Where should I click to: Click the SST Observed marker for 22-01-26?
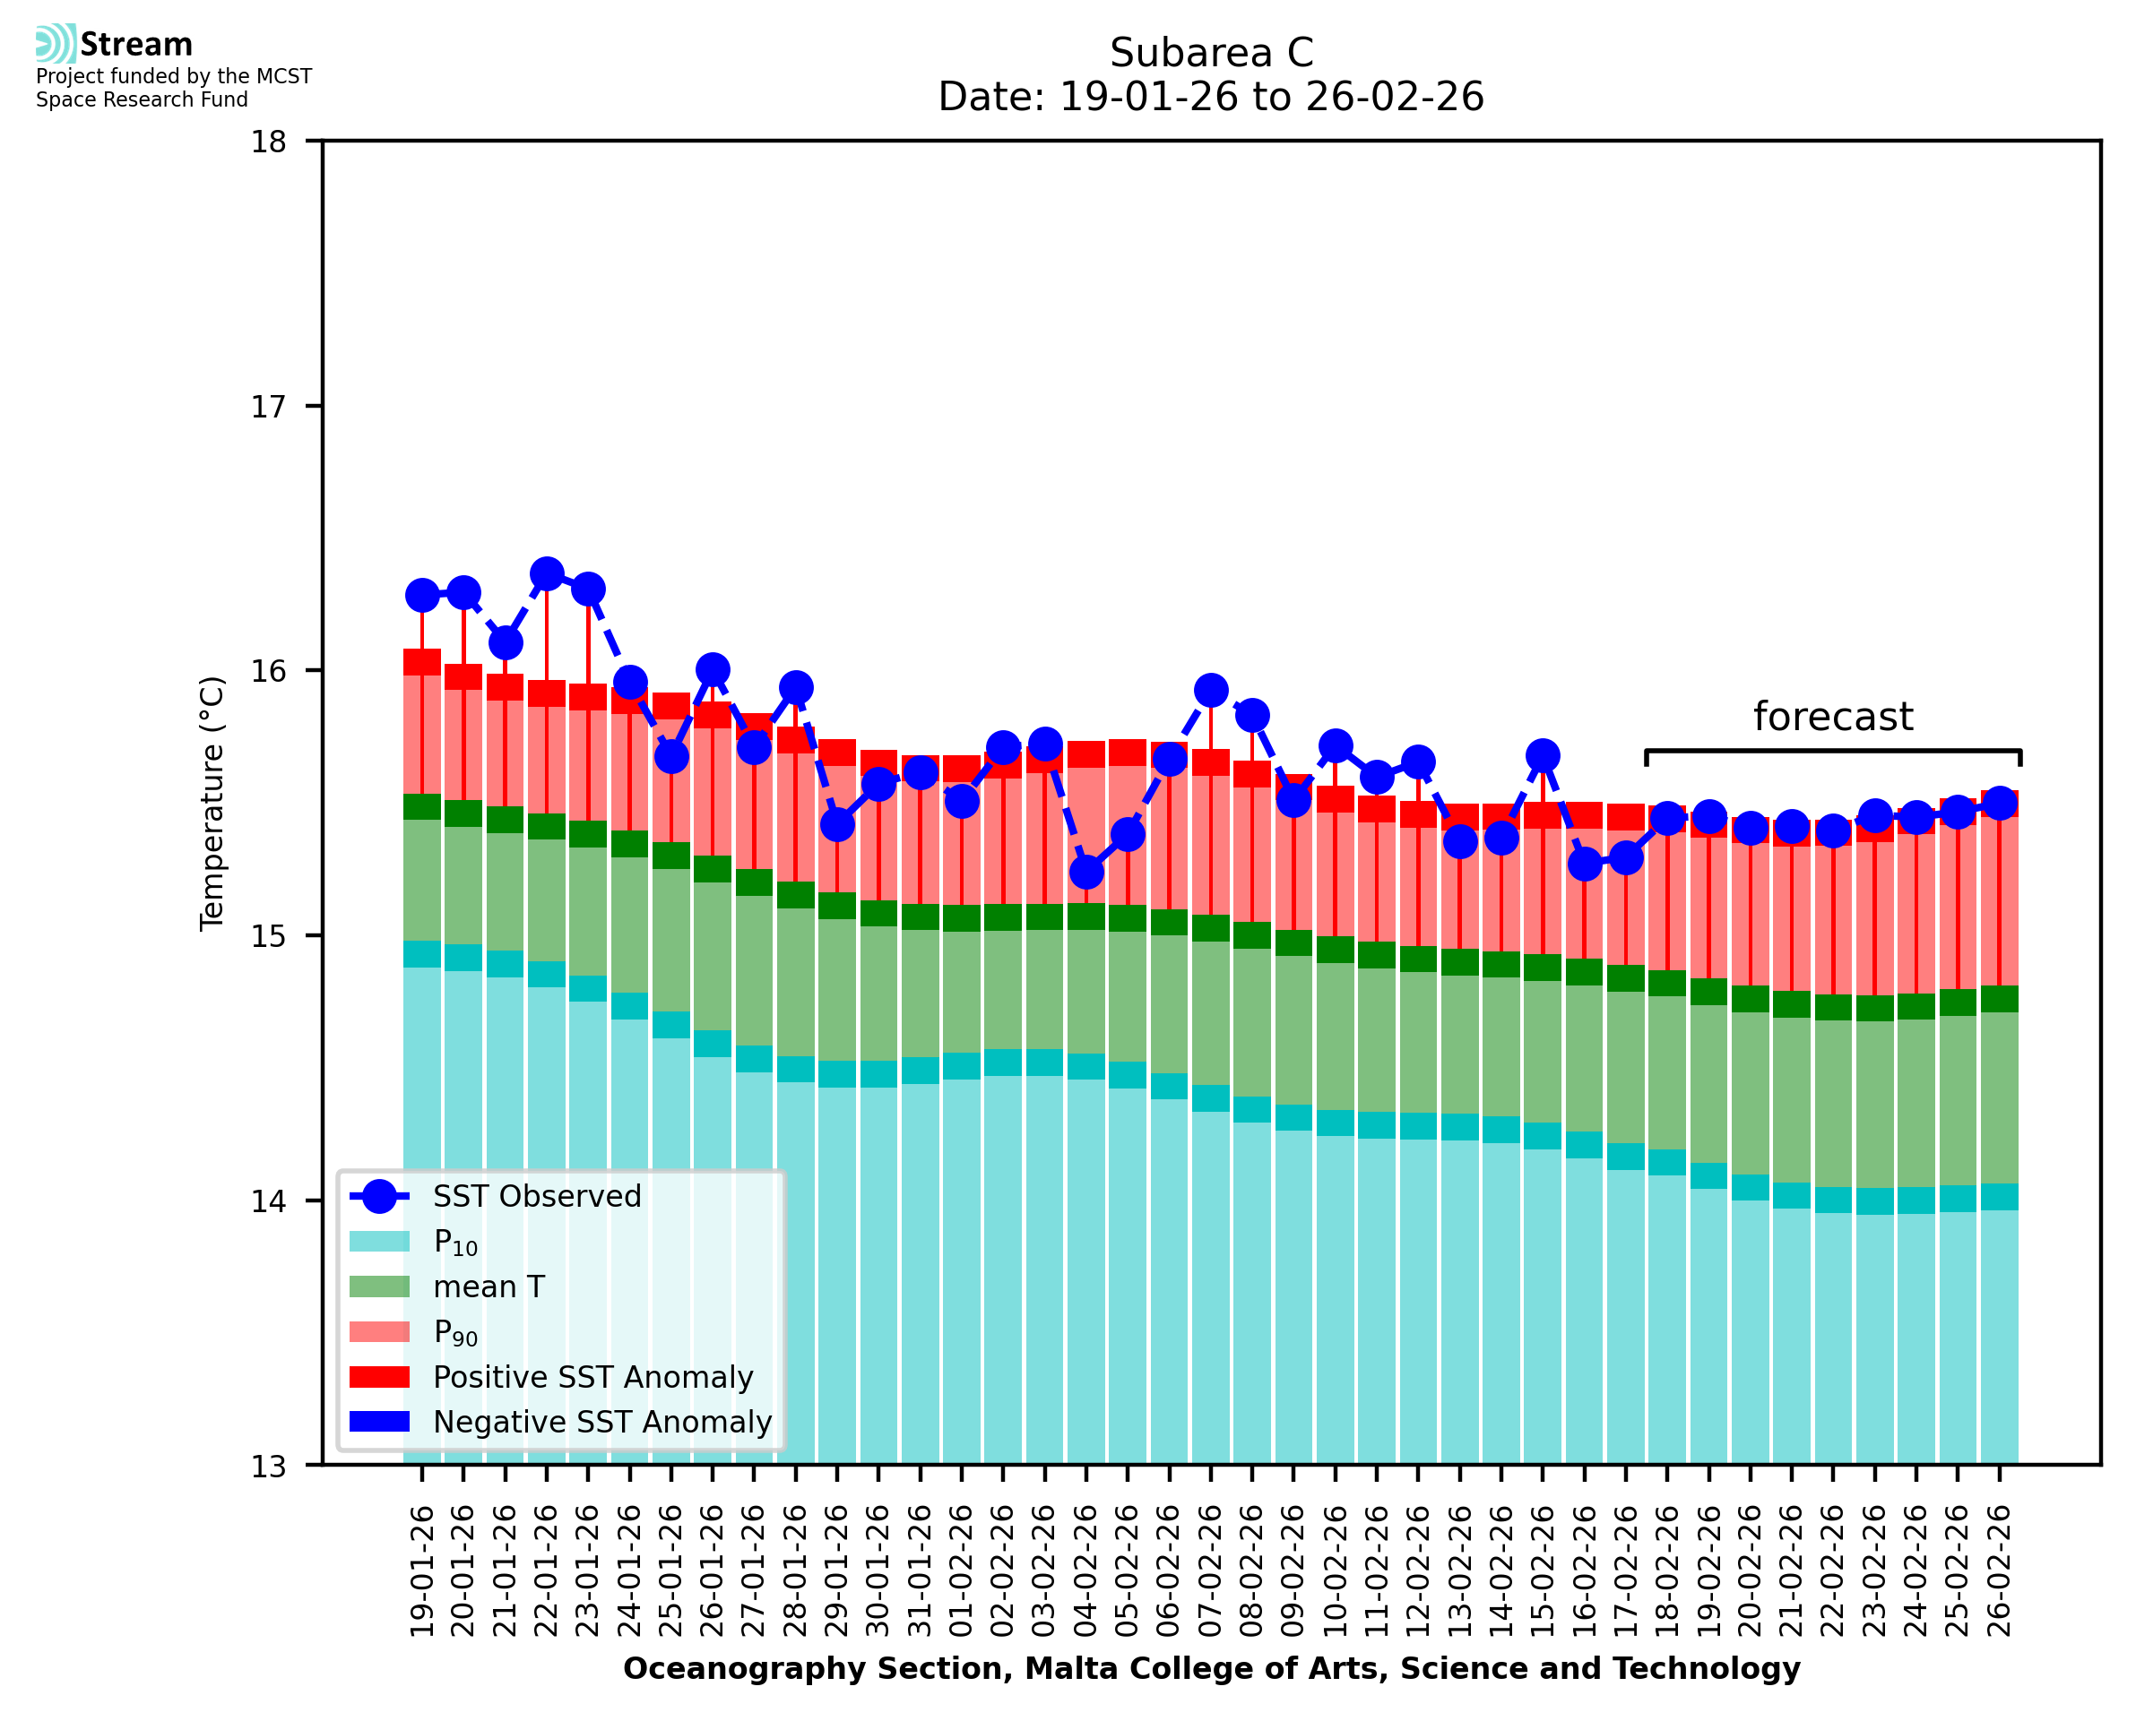click(x=547, y=574)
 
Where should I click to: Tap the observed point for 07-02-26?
click(x=1211, y=690)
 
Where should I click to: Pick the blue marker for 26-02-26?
click(x=1999, y=803)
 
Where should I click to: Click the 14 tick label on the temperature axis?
click(x=269, y=1201)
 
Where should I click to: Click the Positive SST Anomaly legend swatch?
click(x=379, y=1377)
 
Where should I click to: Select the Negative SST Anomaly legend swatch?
click(x=379, y=1422)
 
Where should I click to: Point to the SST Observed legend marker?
click(x=379, y=1197)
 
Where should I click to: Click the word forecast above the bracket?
click(x=1832, y=717)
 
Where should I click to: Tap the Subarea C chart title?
click(x=1211, y=53)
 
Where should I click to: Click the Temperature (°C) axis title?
click(x=212, y=803)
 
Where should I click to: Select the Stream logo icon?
click(x=56, y=44)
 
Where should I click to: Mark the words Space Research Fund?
click(x=142, y=100)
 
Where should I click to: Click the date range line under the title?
click(x=1211, y=97)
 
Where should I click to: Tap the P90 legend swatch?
click(x=379, y=1331)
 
